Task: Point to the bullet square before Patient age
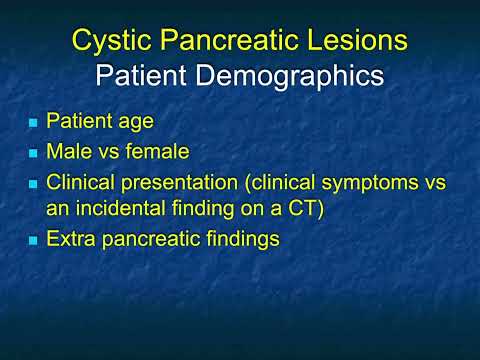click(33, 125)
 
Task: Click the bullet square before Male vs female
click(33, 155)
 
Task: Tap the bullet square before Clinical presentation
click(33, 185)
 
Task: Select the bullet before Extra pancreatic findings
click(33, 241)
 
